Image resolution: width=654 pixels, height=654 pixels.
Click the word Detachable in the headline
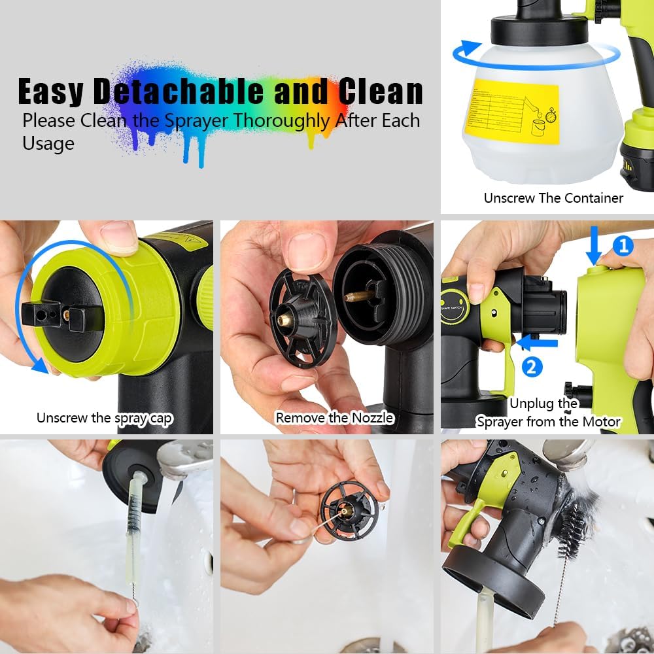[179, 92]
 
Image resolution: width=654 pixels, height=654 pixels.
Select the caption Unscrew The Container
[553, 198]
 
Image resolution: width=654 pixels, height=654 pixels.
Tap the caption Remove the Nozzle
[334, 417]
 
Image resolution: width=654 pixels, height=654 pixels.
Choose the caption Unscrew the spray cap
[105, 417]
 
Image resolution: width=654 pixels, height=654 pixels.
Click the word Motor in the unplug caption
[600, 421]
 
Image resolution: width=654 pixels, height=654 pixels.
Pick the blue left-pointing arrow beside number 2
[530, 341]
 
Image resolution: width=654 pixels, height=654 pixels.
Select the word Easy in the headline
[51, 92]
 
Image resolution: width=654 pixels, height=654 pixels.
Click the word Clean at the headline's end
[380, 92]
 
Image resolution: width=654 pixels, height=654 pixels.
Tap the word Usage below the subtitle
[48, 143]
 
